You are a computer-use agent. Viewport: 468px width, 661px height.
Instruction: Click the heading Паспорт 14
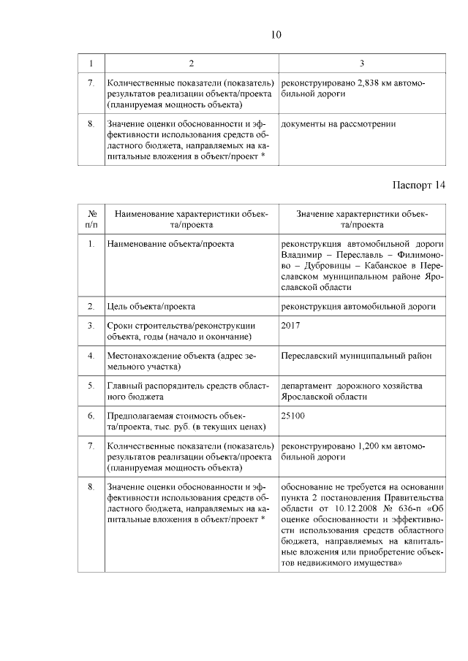pos(414,184)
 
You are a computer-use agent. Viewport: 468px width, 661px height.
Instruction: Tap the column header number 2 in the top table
pos(191,64)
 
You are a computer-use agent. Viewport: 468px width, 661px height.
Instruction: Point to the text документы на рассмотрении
pos(339,124)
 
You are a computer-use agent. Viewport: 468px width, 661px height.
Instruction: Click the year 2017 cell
pos(290,324)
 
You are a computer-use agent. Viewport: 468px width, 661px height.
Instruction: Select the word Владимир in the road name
pos(301,254)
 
